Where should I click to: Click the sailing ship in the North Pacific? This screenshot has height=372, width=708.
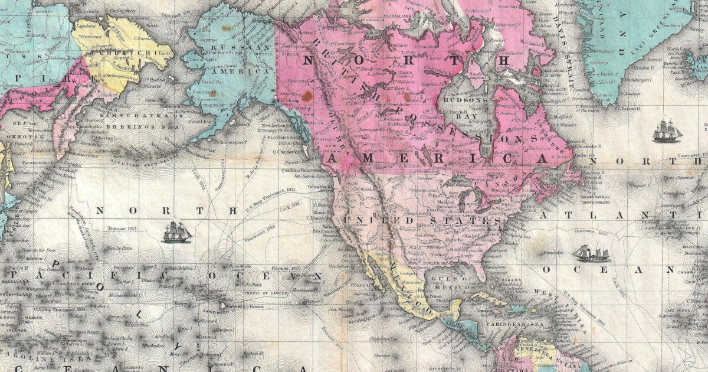point(177,232)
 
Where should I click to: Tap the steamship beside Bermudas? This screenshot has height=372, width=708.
point(591,253)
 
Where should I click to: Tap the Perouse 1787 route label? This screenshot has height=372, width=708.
point(122,227)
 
